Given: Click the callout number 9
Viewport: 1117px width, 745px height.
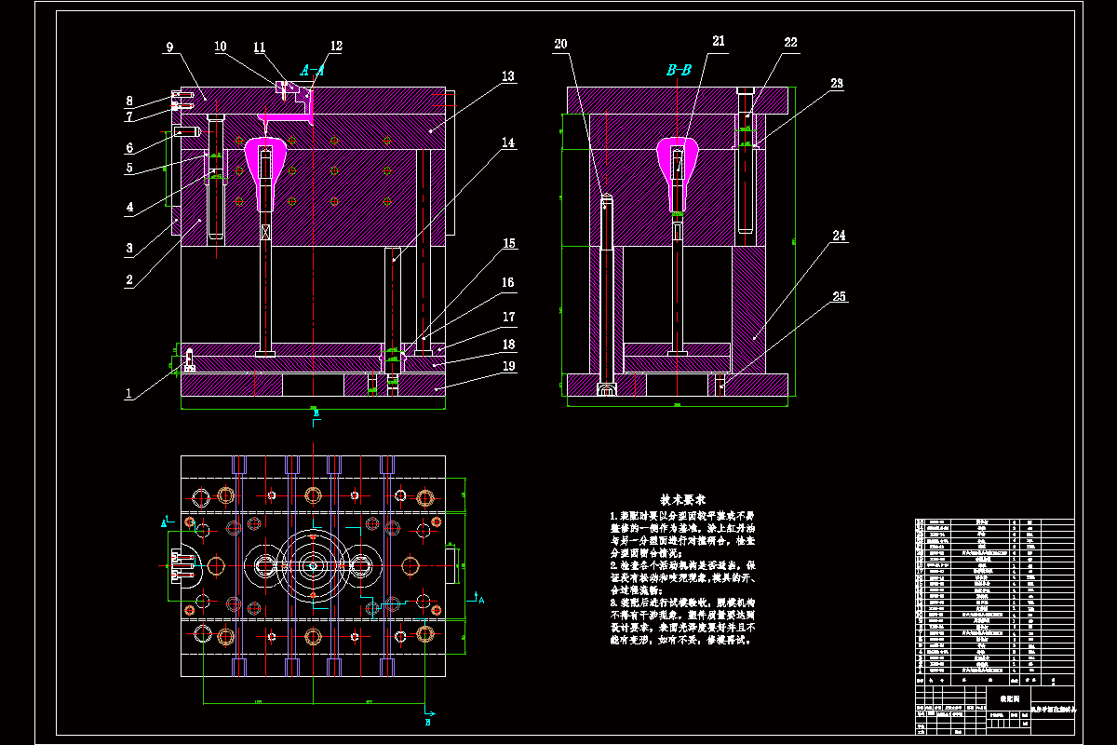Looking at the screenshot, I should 168,47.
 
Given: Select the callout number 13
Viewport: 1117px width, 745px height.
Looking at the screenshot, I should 507,77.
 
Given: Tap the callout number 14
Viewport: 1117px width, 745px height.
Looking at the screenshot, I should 507,143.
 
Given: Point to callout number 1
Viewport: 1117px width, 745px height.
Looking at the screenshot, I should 128,394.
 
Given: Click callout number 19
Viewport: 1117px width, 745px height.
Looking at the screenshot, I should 508,367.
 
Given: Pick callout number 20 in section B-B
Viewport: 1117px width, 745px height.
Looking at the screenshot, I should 560,44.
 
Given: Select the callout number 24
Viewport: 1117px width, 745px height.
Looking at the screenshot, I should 840,237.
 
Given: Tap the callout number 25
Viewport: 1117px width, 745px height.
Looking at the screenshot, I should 840,297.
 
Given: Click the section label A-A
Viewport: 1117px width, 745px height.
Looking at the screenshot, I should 312,70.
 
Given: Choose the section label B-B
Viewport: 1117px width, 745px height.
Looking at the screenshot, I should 679,70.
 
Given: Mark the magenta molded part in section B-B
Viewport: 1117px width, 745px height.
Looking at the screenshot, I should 679,168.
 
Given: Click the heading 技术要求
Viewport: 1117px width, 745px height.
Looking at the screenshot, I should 683,500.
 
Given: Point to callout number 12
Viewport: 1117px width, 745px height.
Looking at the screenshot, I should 335,46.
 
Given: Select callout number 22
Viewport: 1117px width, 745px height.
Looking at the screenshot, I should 790,43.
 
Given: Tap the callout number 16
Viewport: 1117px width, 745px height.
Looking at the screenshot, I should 508,283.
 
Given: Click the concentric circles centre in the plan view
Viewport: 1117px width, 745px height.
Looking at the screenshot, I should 314,564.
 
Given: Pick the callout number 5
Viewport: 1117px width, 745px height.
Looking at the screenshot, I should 130,169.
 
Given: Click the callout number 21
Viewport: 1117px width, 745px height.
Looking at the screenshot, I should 718,41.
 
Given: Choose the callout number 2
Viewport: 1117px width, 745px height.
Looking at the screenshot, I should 130,279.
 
